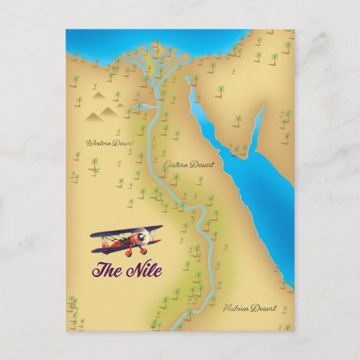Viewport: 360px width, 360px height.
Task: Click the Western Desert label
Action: (107, 143)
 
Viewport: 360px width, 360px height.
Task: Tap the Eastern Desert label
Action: (189, 165)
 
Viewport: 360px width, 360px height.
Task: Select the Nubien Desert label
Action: (250, 308)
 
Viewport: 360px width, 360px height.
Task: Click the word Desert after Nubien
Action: (264, 308)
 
